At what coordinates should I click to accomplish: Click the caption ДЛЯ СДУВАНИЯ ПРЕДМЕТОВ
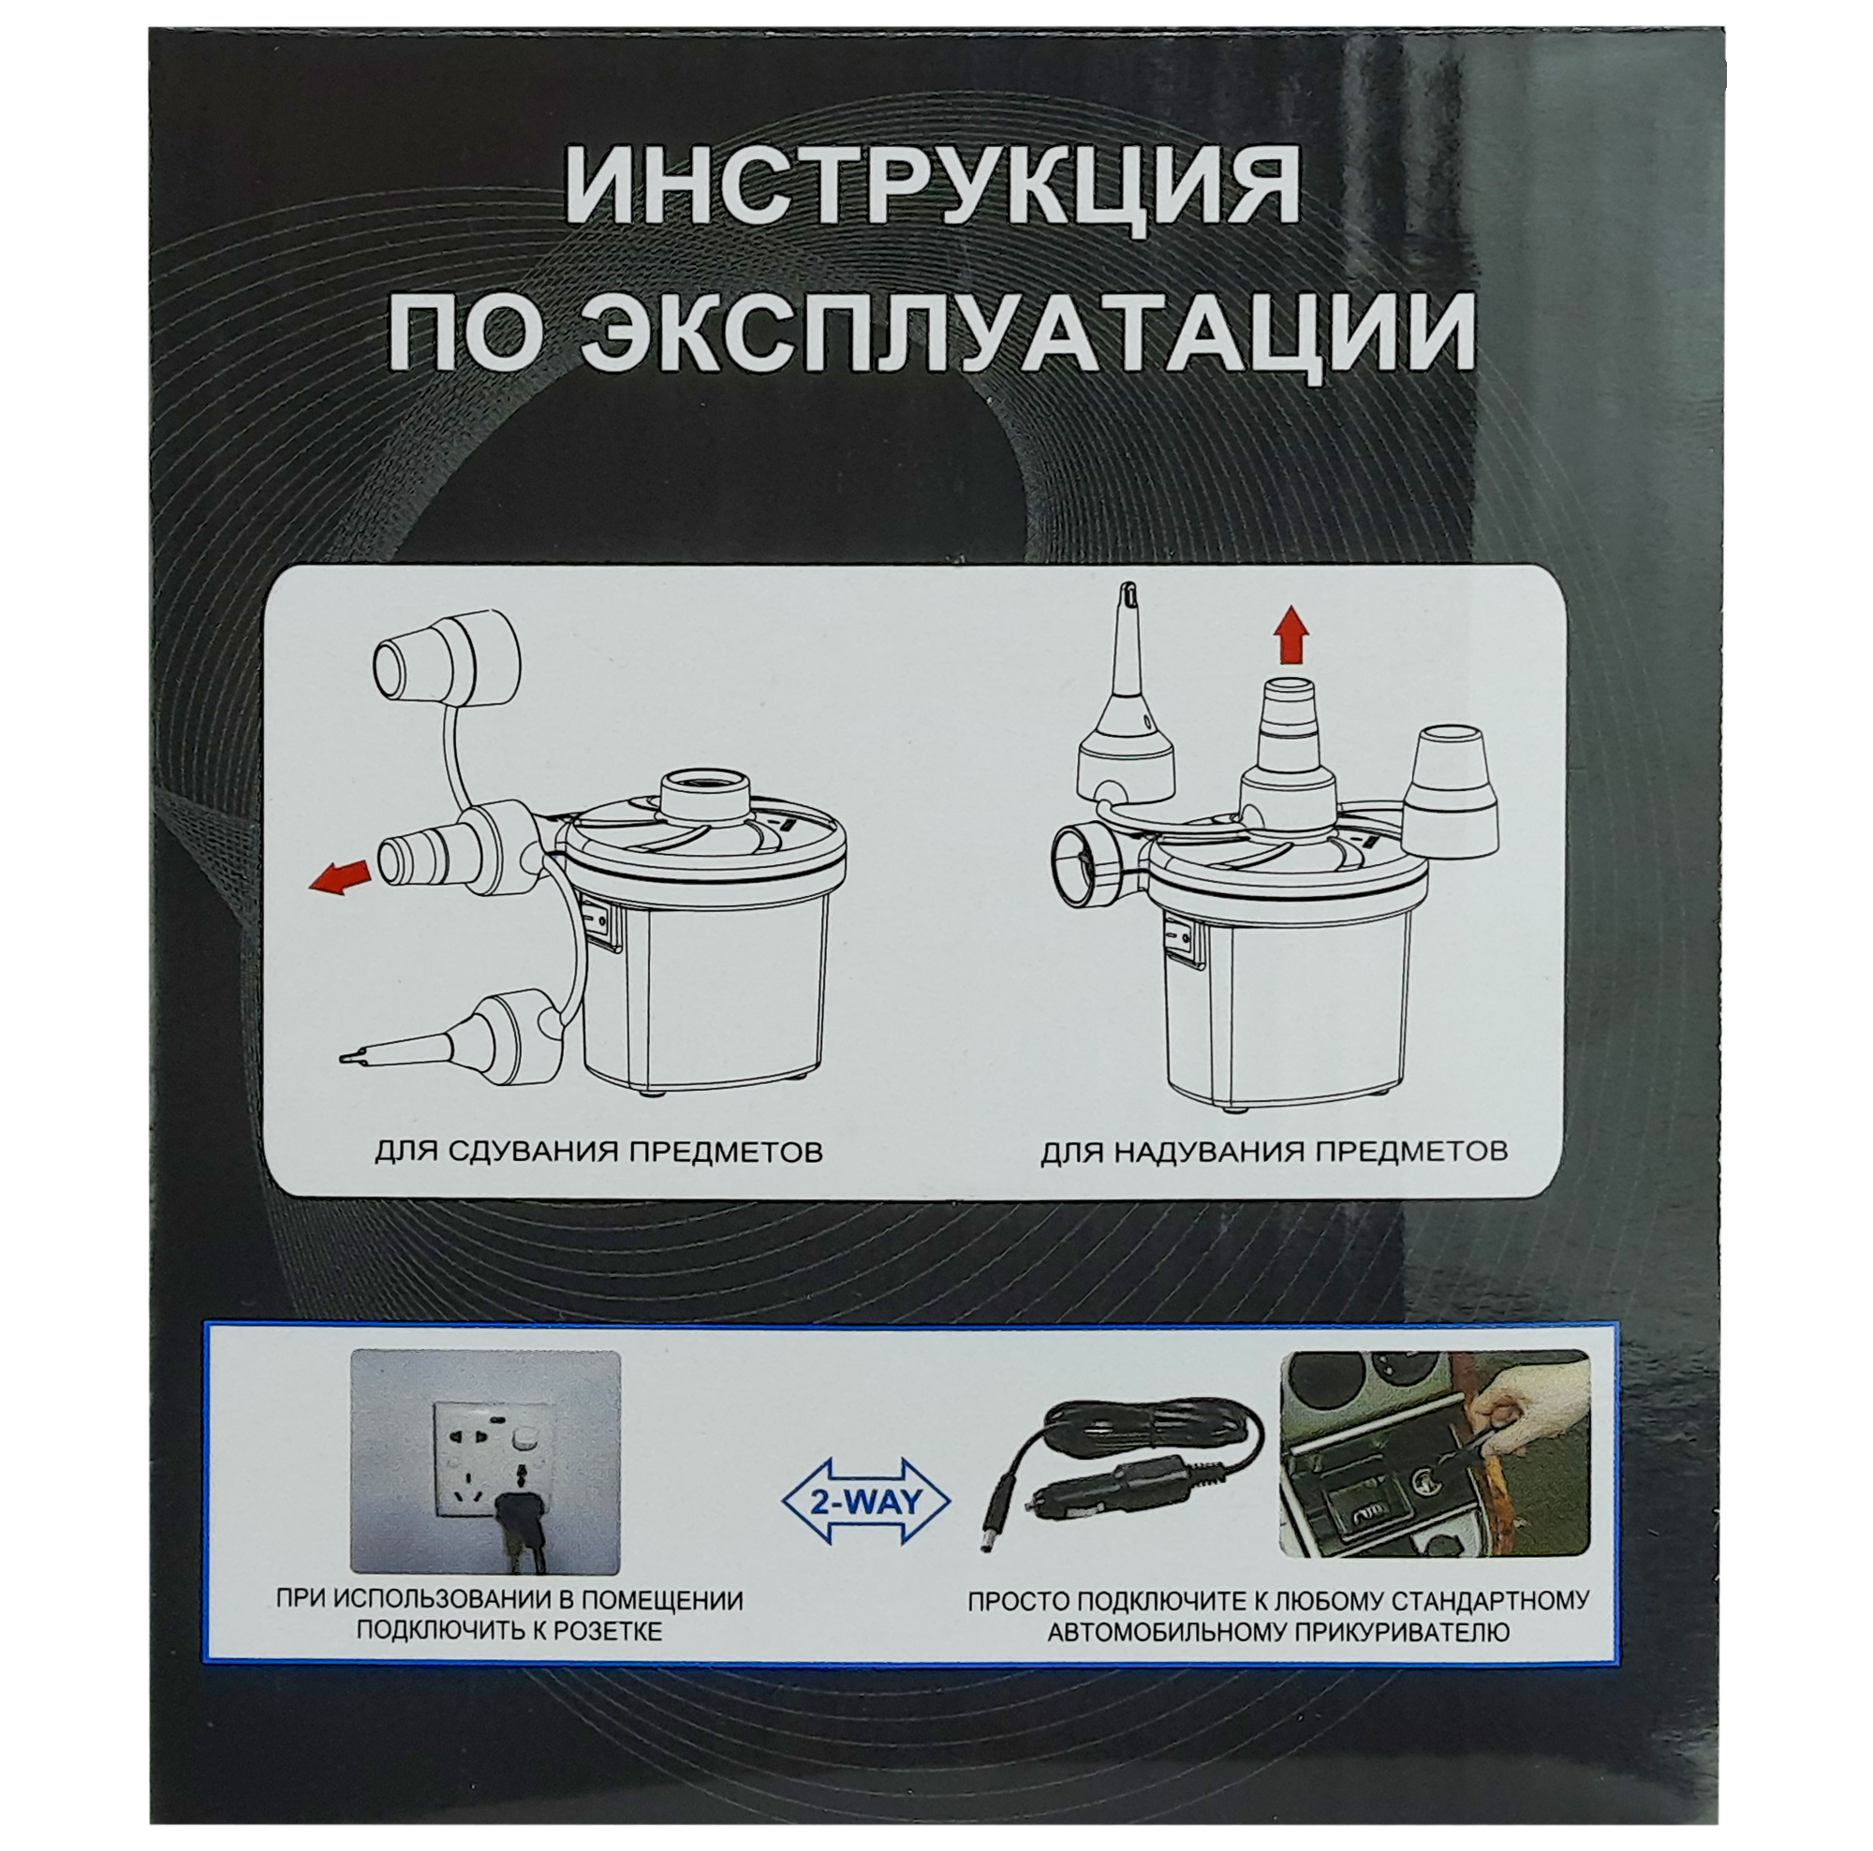point(598,1153)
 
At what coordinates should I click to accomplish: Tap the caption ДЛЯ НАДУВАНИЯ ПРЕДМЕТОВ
point(1274,1153)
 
